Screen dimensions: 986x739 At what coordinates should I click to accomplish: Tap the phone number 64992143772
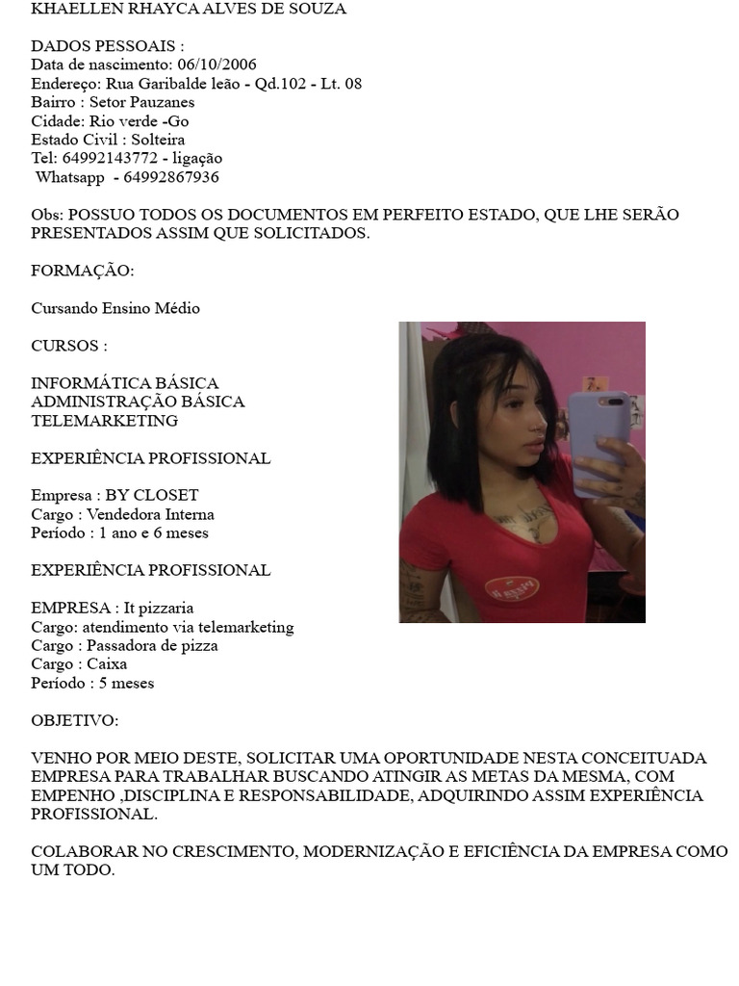click(x=110, y=158)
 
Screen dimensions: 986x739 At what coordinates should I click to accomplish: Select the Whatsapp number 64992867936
click(x=171, y=177)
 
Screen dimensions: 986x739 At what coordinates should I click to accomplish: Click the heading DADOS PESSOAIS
click(x=107, y=46)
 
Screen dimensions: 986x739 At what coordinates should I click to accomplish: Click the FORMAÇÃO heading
click(x=83, y=271)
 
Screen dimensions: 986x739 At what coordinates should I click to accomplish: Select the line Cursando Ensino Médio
click(x=115, y=308)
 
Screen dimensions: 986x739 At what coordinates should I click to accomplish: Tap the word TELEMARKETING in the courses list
click(x=104, y=421)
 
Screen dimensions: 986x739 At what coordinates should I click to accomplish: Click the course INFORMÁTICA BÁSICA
click(x=125, y=383)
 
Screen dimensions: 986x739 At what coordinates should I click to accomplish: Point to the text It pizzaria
click(x=159, y=608)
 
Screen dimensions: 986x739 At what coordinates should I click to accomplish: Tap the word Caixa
click(x=107, y=663)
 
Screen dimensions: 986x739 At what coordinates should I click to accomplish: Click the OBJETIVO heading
click(x=75, y=720)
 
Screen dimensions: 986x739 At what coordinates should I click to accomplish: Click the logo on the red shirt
click(x=511, y=586)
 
